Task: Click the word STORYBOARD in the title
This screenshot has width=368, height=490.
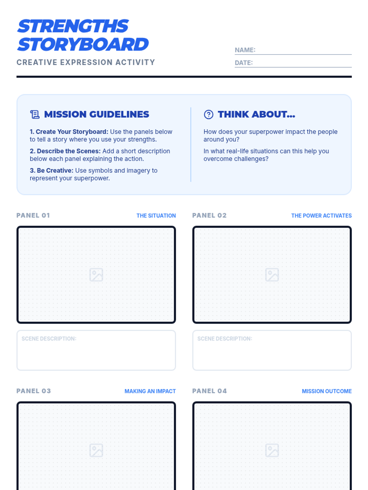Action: pos(83,44)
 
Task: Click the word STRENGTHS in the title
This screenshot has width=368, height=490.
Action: pos(73,26)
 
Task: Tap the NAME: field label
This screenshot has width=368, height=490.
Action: pos(245,50)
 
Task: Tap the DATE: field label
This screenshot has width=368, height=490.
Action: pos(243,63)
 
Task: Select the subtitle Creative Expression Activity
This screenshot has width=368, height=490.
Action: pos(86,62)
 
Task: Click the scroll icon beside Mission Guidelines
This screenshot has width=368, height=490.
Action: pos(35,114)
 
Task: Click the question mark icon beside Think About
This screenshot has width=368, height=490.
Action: pos(209,114)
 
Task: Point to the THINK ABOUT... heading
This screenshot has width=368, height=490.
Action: pos(256,114)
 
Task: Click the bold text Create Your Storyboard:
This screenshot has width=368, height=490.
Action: pos(69,132)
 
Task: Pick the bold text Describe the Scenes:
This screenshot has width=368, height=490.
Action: pos(65,151)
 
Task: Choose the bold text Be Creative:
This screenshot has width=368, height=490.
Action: pos(52,171)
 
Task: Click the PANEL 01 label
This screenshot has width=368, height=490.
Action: pos(33,215)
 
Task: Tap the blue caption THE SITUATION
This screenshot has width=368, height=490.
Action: pos(156,216)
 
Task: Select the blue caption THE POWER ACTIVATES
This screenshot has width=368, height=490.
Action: pos(321,216)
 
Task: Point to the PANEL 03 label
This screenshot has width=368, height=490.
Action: pos(33,391)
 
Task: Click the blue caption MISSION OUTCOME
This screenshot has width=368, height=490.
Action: pos(327,391)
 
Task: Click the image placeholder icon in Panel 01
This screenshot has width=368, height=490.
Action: pos(96,275)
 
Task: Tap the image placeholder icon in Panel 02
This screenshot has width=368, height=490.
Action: pos(272,275)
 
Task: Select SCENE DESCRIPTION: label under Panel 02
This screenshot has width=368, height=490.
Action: pos(224,339)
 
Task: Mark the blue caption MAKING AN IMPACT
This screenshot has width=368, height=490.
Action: pos(150,391)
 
